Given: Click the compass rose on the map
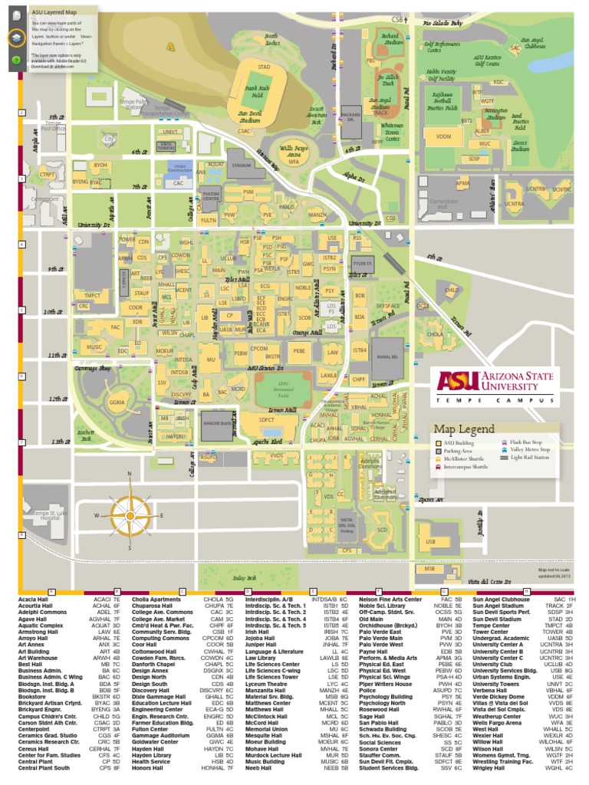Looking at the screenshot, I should pos(129,515).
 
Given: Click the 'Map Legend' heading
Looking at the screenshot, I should pos(463,429).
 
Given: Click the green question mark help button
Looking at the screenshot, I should pos(15,59).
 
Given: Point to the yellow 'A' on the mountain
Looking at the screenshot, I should pos(171,47).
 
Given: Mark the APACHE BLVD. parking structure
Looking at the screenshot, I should pos(218,423).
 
